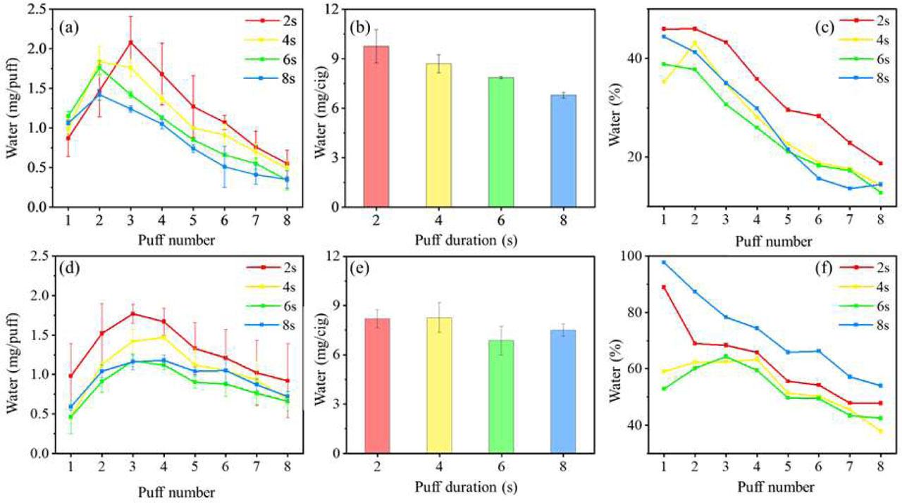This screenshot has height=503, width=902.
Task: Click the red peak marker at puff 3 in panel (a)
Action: tap(131, 42)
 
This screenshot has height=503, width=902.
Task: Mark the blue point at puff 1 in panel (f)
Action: tap(664, 262)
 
